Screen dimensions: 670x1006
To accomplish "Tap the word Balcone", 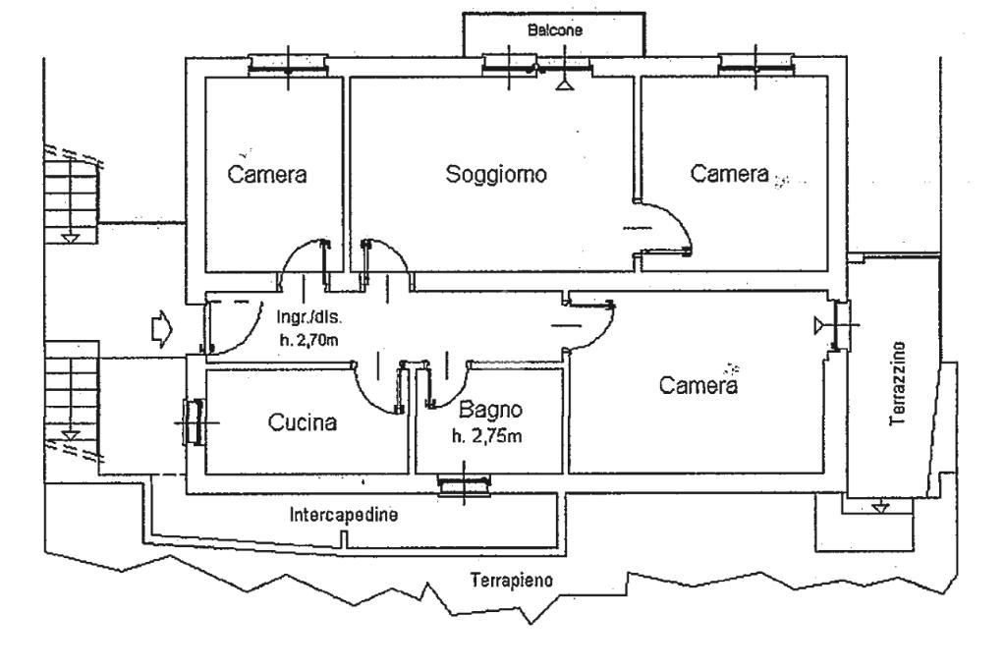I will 555,30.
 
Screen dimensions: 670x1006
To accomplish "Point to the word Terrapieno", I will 512,581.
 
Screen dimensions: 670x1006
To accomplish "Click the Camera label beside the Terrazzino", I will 698,387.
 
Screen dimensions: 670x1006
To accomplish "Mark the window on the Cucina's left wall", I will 193,421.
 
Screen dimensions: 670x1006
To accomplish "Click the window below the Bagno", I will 464,484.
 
